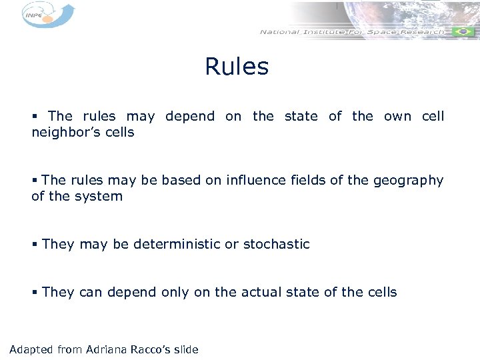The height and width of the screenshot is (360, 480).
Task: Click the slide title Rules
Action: pos(237,67)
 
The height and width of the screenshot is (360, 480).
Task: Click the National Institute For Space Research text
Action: pos(351,32)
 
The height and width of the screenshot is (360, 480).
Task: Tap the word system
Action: pos(99,196)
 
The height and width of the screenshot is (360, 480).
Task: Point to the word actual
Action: pos(257,292)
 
